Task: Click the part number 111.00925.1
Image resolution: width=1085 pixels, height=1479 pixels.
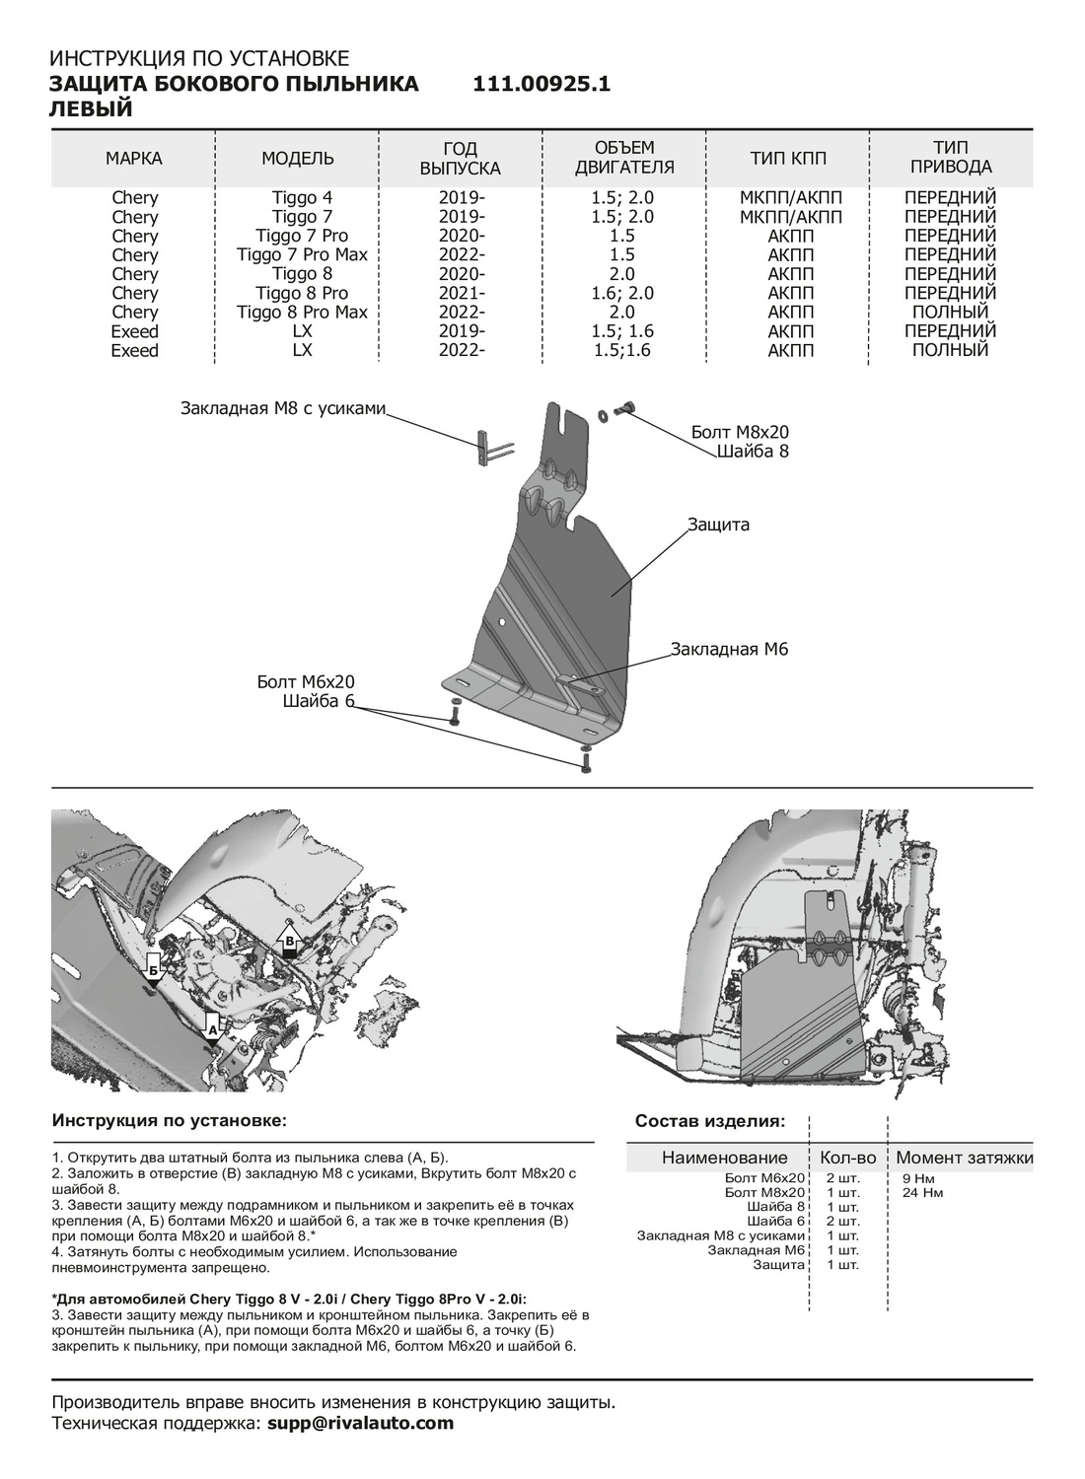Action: click(542, 85)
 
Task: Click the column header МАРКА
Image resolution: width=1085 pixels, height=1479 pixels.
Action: click(134, 159)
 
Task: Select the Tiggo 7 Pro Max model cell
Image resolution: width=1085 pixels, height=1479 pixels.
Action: click(302, 254)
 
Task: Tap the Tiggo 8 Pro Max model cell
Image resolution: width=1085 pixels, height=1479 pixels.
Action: click(302, 312)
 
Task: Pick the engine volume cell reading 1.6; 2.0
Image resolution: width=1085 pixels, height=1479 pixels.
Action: click(622, 293)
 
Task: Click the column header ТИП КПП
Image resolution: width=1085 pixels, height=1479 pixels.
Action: click(788, 159)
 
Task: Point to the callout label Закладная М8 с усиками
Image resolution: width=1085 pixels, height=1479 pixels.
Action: click(282, 407)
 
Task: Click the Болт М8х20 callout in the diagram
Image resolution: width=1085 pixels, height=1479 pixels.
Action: click(740, 432)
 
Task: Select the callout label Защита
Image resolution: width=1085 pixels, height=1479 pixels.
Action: click(718, 525)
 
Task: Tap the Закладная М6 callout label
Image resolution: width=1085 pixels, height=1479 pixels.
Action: click(729, 649)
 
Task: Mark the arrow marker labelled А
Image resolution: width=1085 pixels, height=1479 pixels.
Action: click(212, 1026)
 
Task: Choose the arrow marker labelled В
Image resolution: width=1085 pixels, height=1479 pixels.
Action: click(289, 941)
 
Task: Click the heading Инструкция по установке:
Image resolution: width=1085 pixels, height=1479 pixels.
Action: click(170, 1121)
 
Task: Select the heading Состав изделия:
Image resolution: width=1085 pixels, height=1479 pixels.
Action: click(710, 1121)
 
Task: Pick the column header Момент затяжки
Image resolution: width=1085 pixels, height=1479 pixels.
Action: click(964, 1158)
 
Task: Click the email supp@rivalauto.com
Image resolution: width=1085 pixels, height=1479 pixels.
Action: click(361, 1423)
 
